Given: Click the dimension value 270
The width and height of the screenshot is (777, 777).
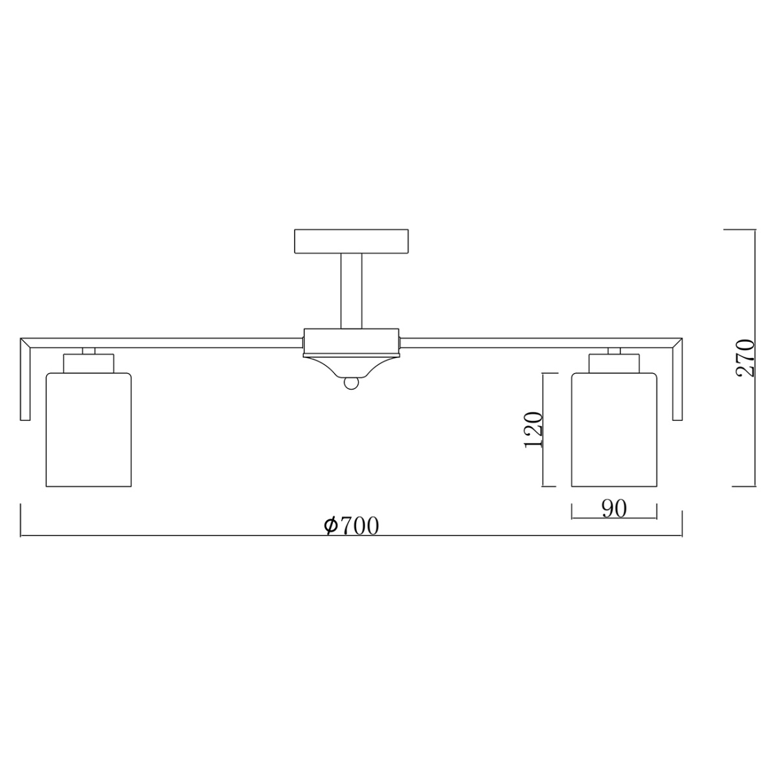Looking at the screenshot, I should [x=745, y=357].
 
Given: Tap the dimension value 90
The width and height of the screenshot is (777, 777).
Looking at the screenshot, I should [x=614, y=509].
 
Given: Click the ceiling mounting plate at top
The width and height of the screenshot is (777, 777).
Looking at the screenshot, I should [x=352, y=241].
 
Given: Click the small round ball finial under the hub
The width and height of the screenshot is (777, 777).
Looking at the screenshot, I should [x=352, y=385].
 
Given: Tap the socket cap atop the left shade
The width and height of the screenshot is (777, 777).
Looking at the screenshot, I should [x=89, y=363].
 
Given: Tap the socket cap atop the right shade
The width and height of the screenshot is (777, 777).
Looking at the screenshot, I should [x=614, y=363].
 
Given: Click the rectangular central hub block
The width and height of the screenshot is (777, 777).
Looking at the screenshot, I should [x=352, y=342].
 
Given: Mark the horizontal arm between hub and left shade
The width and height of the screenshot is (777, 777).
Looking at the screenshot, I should [x=194, y=342].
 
